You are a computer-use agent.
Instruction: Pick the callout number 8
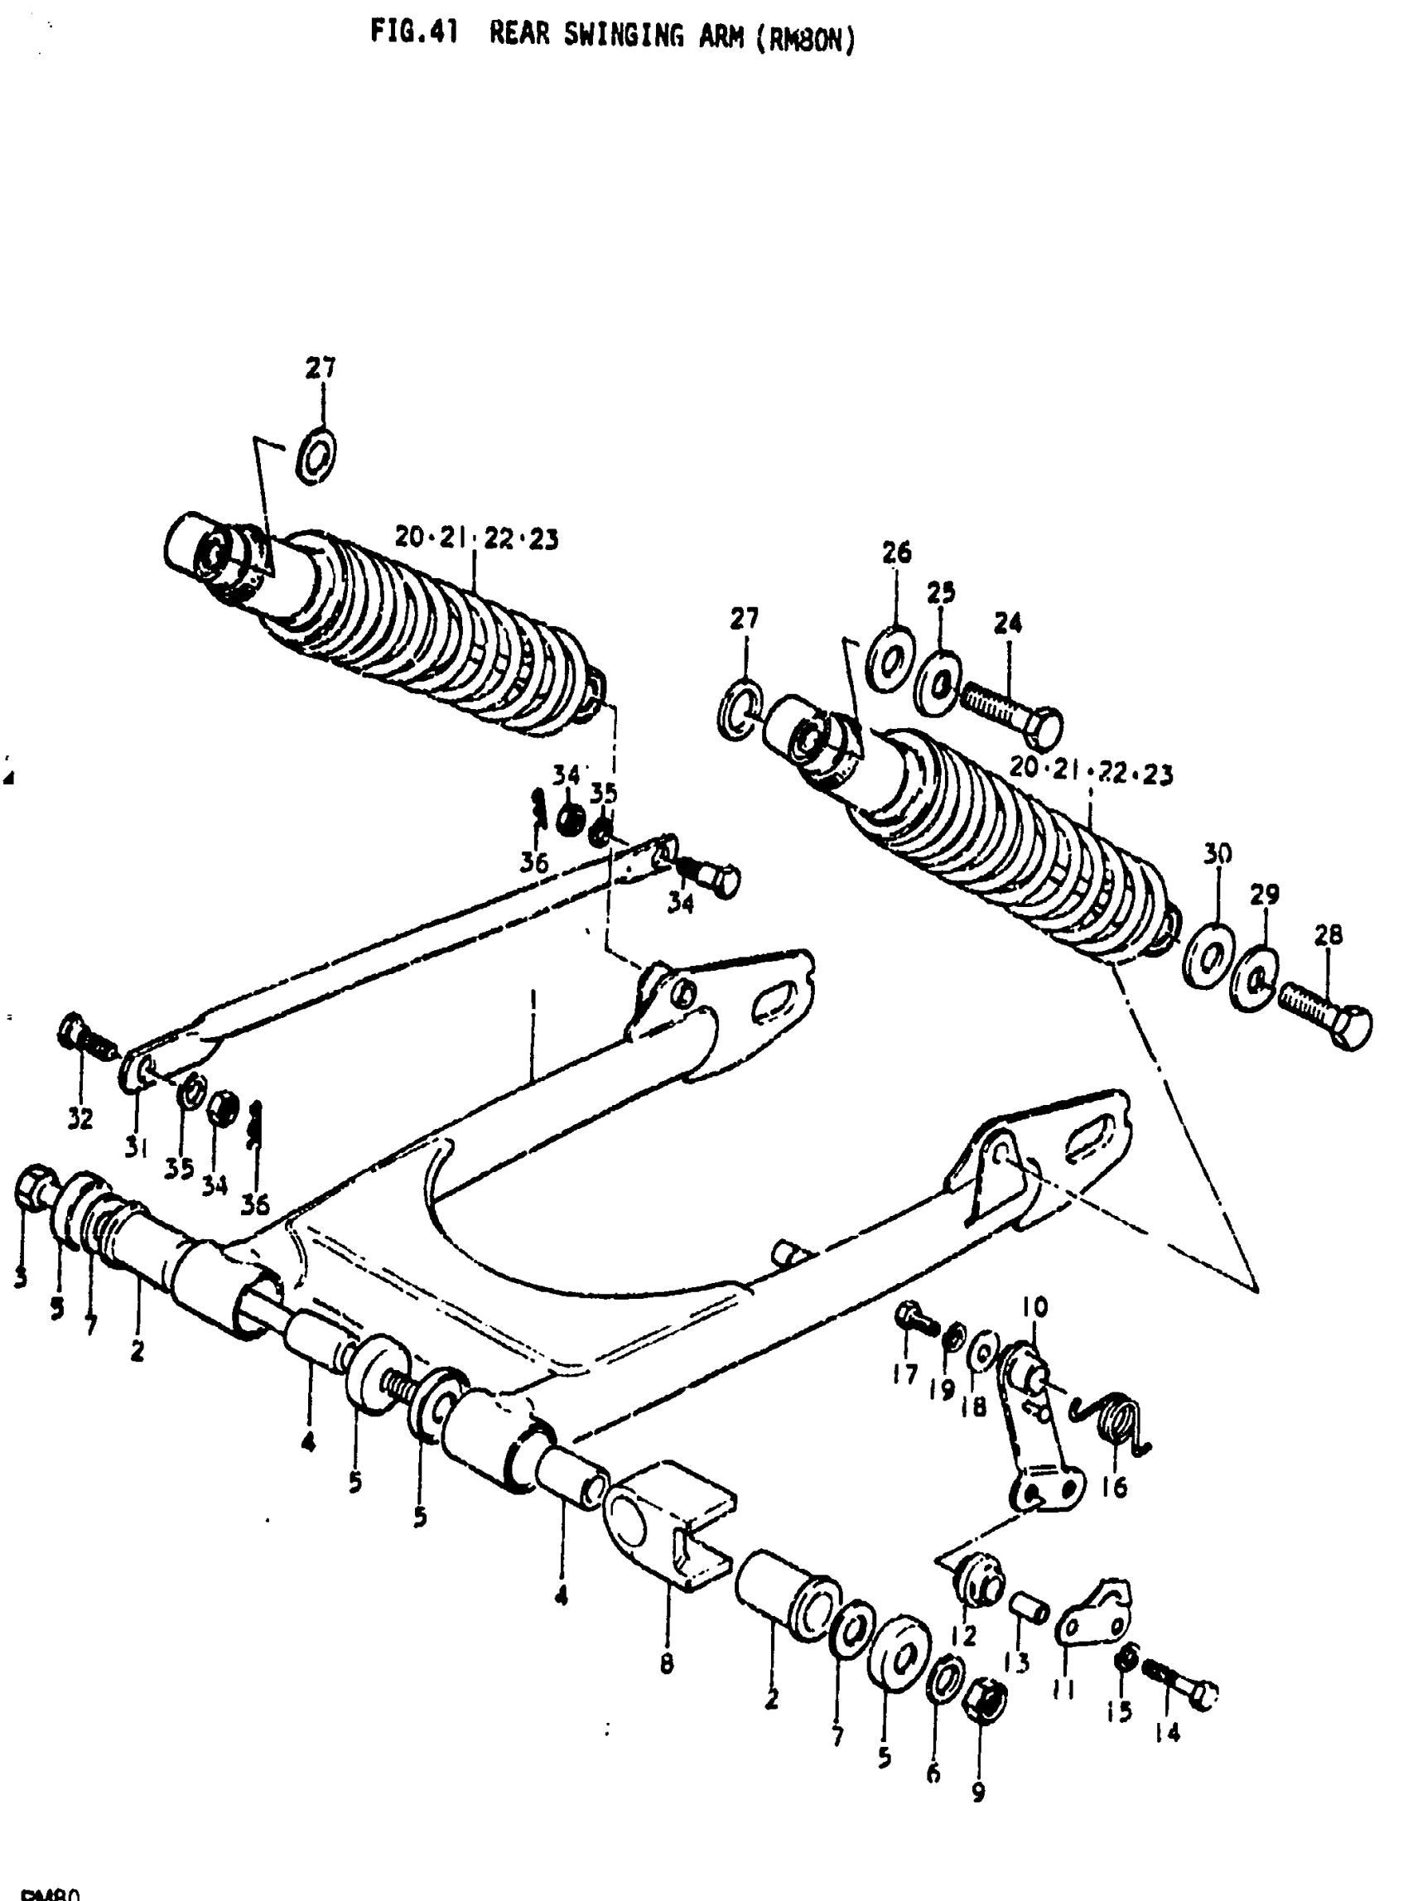pyautogui.click(x=667, y=1662)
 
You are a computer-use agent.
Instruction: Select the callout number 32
pyautogui.click(x=80, y=1118)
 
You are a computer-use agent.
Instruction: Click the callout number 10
pyautogui.click(x=1034, y=1307)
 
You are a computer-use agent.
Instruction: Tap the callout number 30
pyautogui.click(x=1217, y=853)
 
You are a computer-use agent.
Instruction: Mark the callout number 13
pyautogui.click(x=1017, y=1662)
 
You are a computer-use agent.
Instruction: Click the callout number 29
pyautogui.click(x=1265, y=895)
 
